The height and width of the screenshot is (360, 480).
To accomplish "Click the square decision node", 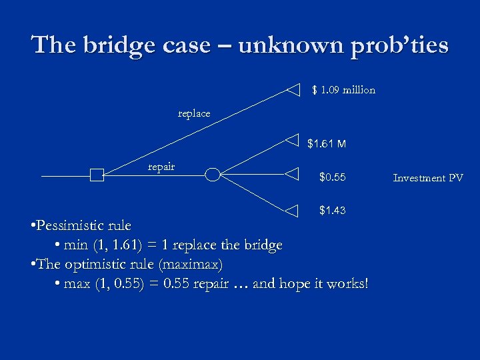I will [x=97, y=175].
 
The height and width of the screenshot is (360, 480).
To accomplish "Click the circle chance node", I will [x=212, y=175].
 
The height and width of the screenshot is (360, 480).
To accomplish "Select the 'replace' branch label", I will [x=194, y=113].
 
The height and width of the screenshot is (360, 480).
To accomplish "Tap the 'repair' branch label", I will [x=161, y=166].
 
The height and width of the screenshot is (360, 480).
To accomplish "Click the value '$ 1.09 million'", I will [x=343, y=90].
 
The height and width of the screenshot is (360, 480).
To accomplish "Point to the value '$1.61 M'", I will [x=326, y=143].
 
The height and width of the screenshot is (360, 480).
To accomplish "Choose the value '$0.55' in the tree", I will [x=332, y=177].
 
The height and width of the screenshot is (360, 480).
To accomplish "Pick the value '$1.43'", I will [x=332, y=210].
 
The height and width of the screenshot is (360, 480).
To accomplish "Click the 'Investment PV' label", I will [x=428, y=177].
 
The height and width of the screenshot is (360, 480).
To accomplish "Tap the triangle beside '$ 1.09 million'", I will [x=293, y=89].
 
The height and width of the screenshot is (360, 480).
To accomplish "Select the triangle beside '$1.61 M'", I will [x=293, y=141].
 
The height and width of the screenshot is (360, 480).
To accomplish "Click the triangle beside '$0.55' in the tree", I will [x=293, y=175].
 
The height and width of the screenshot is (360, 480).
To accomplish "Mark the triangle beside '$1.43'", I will [x=293, y=210].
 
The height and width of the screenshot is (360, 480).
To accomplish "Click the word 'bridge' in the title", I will [x=117, y=45].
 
